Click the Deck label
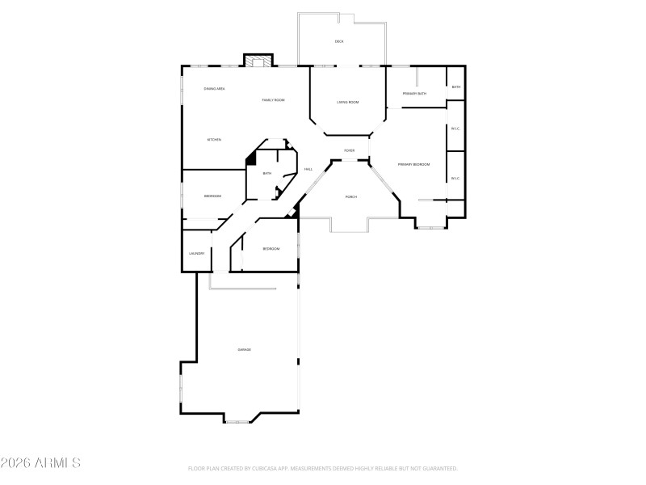[339, 41]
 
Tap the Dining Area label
[214, 88]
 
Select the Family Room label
[273, 100]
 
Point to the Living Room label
[347, 102]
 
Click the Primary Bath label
[415, 94]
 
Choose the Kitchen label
[214, 140]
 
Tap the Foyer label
[350, 150]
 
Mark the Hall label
[308, 169]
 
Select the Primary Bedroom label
[413, 165]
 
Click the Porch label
[351, 197]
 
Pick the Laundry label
[196, 253]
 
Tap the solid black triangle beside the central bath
[251, 158]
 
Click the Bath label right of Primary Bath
[456, 87]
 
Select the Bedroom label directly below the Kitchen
[212, 196]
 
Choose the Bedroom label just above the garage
[271, 249]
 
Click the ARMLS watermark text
[40, 463]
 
